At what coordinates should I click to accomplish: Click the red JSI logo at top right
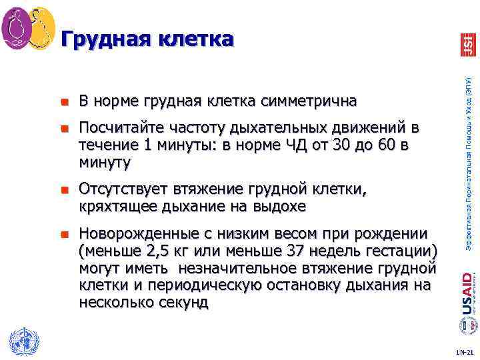[x=467, y=45]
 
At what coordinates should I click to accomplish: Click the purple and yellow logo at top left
[x=28, y=29]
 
